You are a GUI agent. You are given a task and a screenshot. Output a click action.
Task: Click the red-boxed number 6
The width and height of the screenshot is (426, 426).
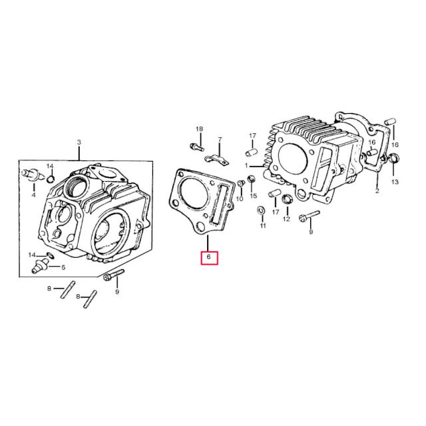(x=209, y=257)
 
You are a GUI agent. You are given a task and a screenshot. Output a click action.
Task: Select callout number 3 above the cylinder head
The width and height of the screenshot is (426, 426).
(x=79, y=142)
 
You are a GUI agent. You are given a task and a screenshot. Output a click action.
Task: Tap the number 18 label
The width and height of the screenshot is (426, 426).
(x=198, y=128)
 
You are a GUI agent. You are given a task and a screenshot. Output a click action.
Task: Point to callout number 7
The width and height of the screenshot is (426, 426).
(x=219, y=140)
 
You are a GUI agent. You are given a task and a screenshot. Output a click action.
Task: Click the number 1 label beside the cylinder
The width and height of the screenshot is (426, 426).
(x=246, y=165)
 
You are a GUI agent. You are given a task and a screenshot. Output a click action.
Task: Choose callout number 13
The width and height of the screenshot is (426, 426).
(x=395, y=182)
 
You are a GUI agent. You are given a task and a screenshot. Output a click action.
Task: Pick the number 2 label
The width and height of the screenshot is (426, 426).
(x=377, y=192)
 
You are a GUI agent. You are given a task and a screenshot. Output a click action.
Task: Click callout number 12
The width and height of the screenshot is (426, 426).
(x=287, y=218)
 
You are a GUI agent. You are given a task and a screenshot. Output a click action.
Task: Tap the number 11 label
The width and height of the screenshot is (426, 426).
(x=262, y=226)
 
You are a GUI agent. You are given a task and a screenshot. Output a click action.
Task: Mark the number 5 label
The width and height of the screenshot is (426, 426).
(x=63, y=268)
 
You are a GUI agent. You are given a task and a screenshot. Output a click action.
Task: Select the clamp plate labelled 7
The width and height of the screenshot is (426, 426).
(x=215, y=160)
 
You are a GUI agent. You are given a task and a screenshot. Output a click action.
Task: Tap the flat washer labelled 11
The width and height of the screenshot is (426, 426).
(x=261, y=212)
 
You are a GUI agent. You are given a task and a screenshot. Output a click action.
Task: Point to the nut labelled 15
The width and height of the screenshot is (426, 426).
(x=252, y=180)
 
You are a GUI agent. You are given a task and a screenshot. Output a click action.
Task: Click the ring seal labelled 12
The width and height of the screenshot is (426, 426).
(x=287, y=200)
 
